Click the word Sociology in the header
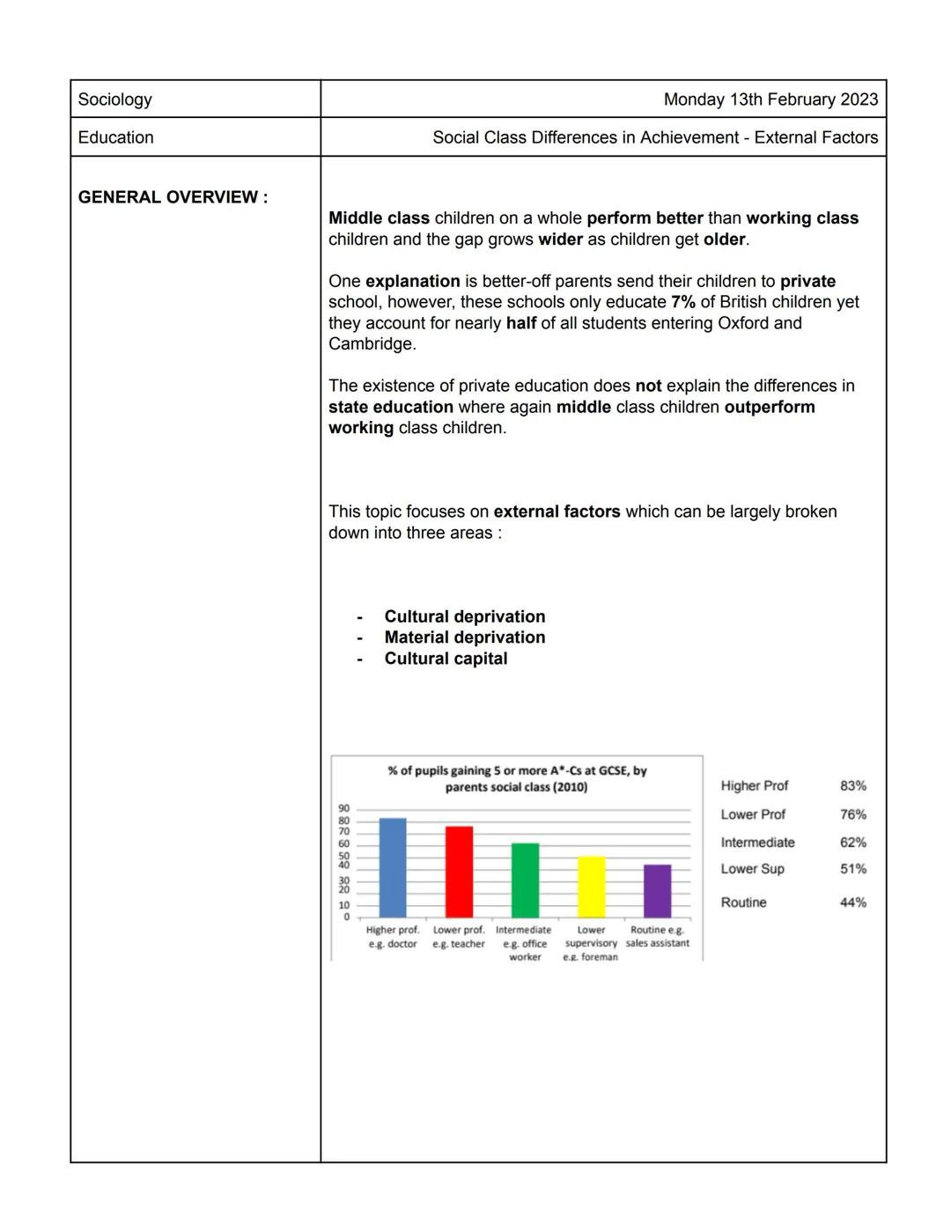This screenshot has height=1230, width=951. point(115,99)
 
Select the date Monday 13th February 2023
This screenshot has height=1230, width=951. point(770,99)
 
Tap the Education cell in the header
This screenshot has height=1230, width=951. point(116,137)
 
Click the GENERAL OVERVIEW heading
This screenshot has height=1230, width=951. point(173,197)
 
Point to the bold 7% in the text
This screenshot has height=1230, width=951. point(682,302)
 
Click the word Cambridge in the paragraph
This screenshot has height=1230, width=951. point(370,344)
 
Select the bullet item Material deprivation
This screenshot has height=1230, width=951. point(464,637)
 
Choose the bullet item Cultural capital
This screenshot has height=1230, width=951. point(446,659)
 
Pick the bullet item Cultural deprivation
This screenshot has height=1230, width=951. point(464,616)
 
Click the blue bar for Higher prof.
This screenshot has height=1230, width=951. point(393,868)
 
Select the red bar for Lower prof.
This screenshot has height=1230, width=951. point(459,872)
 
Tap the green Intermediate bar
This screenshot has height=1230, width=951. point(525,880)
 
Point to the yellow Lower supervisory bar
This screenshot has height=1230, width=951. point(591,887)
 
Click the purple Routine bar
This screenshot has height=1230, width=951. point(657,891)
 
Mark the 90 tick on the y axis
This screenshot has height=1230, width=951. point(343,808)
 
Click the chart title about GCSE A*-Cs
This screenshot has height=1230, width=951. point(517,778)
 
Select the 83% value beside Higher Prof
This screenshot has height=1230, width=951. point(852,786)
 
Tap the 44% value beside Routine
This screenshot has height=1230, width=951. point(852,902)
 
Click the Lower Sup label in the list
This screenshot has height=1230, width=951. point(752,869)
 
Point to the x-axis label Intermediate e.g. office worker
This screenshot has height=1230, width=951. point(524,943)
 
